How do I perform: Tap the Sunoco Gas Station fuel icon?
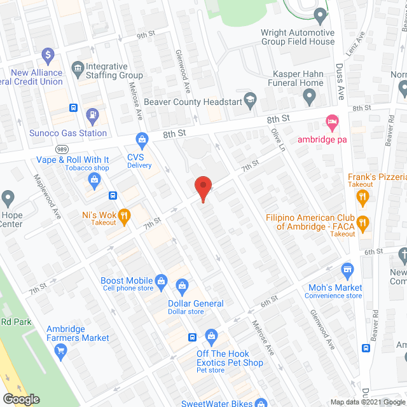point(93,115)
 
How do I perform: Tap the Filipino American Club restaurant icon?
point(363,222)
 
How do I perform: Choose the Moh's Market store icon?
point(347,270)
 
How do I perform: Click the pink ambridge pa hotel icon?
point(331,121)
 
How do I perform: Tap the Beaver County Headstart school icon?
point(251,99)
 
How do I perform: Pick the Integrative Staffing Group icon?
point(78,67)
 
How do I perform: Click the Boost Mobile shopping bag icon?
point(162,280)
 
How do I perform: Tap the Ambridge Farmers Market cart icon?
point(61,350)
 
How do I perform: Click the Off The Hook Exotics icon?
point(212,335)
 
